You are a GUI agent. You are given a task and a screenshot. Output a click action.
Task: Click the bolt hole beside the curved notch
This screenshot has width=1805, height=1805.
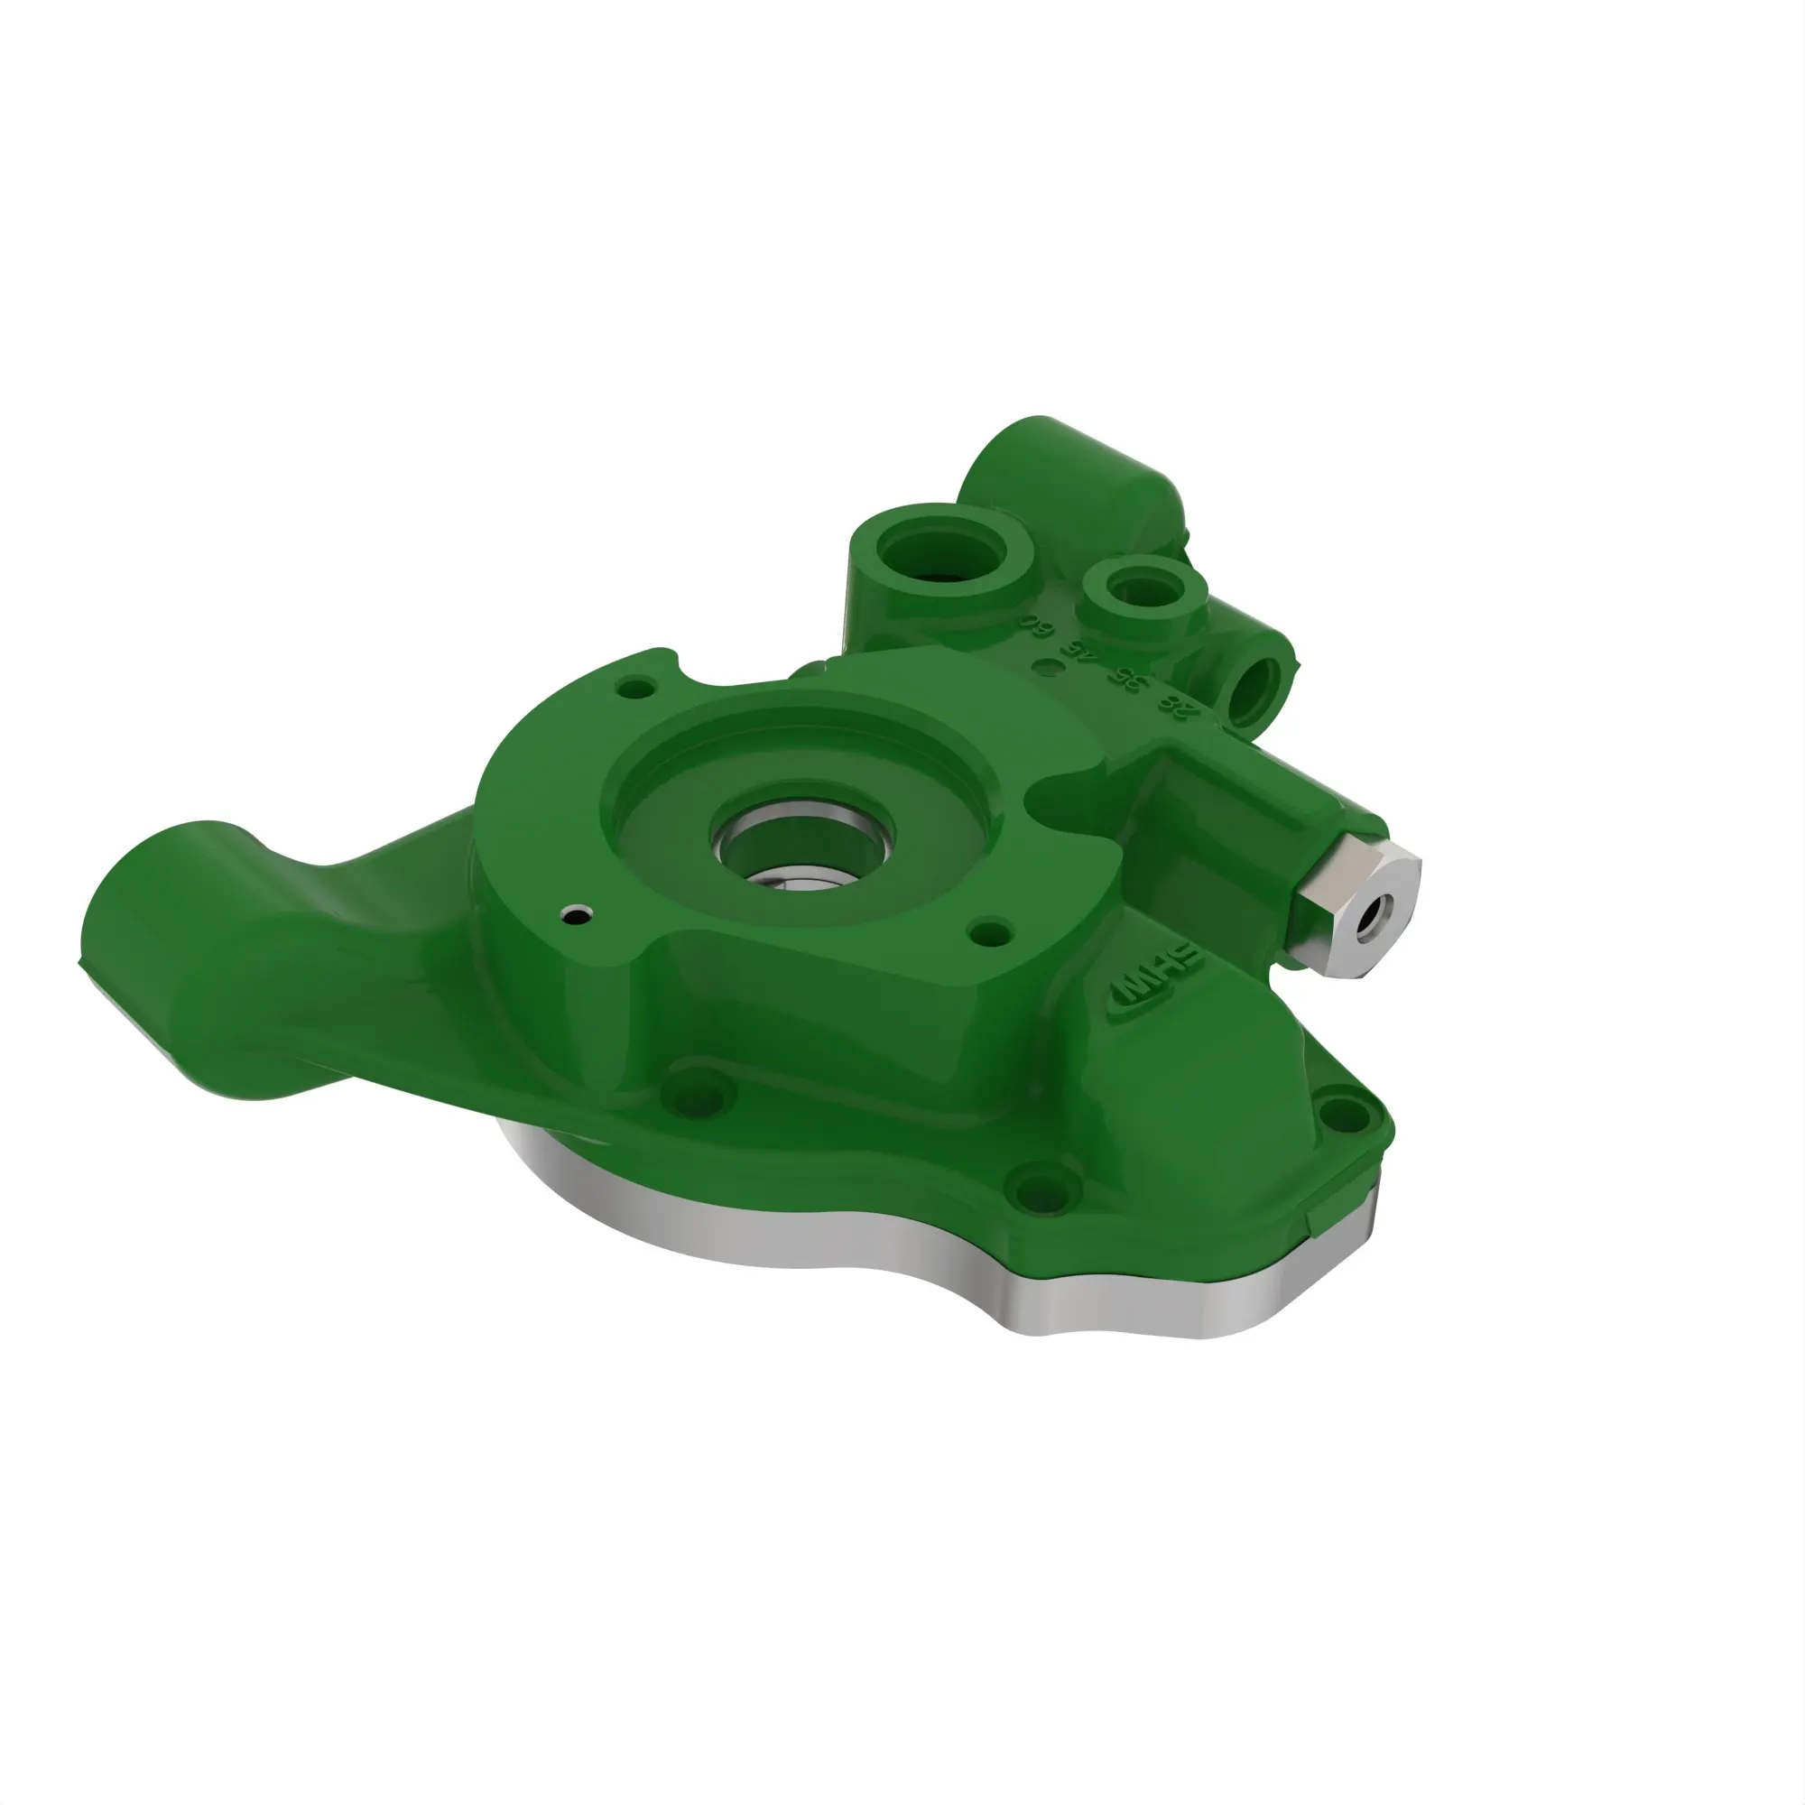(x=638, y=689)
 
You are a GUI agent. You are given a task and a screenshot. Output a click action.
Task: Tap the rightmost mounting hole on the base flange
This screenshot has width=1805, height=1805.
(x=1344, y=1113)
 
